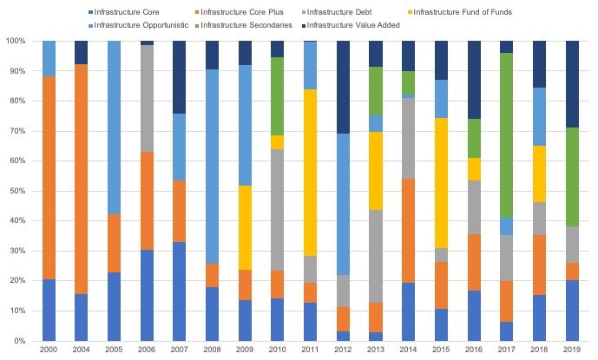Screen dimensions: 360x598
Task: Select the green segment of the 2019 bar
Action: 572,177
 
